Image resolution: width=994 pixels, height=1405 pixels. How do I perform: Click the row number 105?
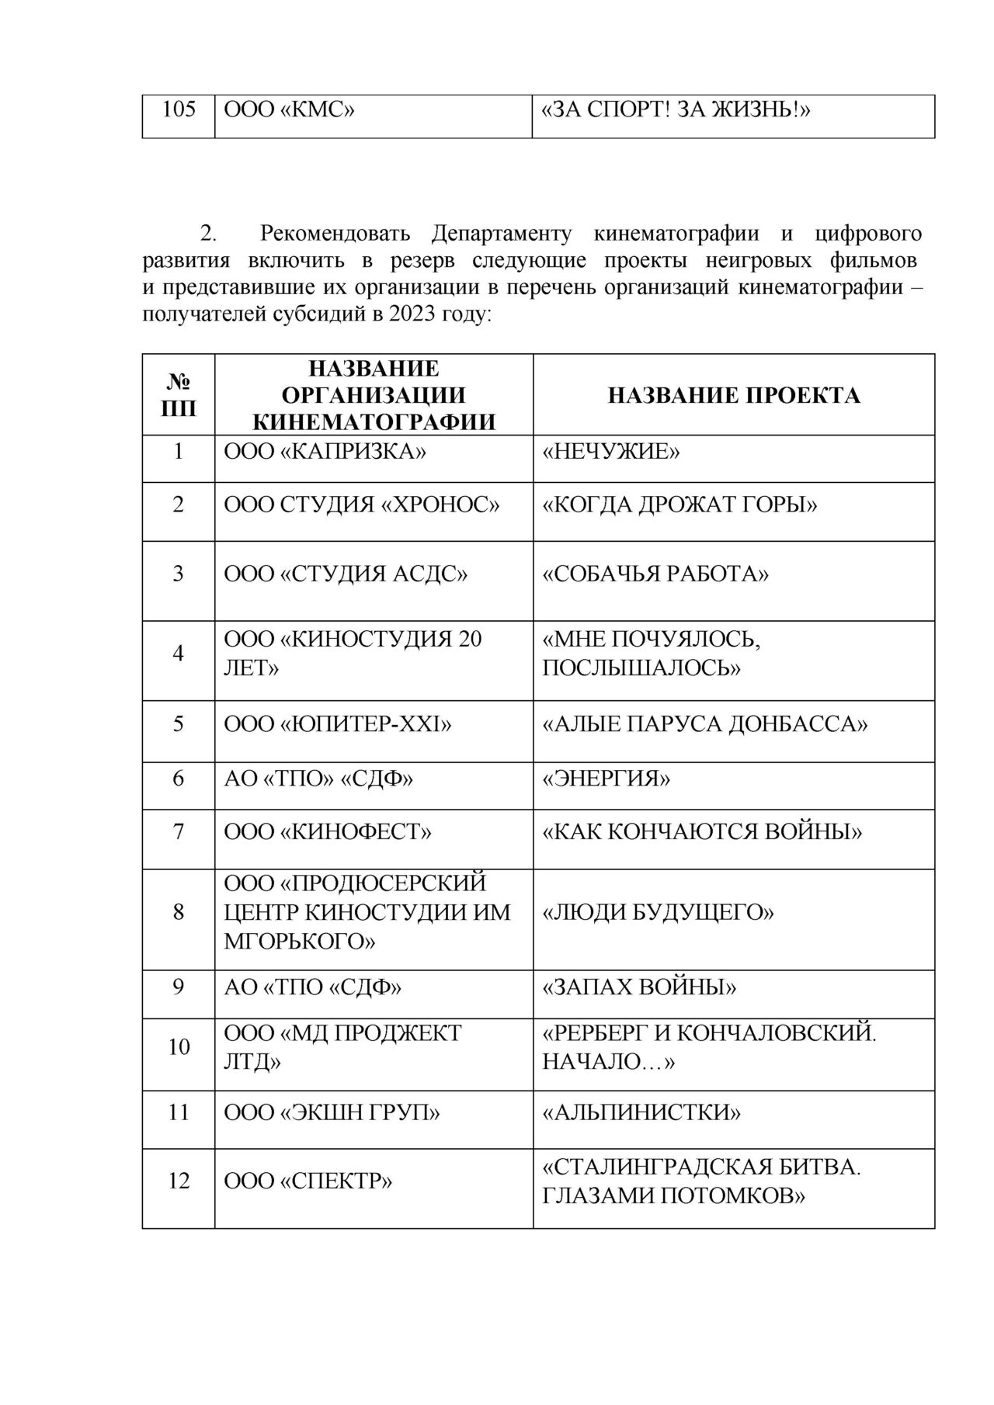179,110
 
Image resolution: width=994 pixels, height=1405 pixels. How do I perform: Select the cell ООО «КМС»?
289,110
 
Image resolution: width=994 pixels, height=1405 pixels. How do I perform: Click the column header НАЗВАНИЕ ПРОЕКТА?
734,395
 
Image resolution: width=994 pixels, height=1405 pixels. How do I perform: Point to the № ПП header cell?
179,395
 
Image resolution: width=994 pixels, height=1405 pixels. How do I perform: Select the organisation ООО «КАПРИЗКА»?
325,451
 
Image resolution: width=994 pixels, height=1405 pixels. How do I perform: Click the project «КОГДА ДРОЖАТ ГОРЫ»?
680,505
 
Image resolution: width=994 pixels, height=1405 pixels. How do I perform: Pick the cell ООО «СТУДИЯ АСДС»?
346,574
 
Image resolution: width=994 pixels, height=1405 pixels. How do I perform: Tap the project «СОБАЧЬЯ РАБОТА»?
655,574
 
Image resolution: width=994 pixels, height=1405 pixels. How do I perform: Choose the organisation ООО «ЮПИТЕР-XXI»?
338,724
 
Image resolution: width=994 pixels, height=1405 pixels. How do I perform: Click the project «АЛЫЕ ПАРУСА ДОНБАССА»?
705,724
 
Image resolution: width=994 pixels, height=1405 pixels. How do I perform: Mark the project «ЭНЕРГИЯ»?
606,779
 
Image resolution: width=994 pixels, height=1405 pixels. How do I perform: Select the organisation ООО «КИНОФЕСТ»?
328,833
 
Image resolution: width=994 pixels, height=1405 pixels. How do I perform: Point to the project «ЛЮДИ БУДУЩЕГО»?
659,912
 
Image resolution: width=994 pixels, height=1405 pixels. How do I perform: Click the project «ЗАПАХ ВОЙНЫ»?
640,987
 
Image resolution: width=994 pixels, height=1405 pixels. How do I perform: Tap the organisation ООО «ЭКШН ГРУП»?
332,1113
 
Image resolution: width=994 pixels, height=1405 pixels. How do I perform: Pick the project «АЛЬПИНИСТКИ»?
641,1113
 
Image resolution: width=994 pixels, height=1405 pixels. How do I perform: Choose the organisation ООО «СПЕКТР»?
308,1181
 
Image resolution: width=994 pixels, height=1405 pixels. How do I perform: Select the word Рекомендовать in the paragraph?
338,234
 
